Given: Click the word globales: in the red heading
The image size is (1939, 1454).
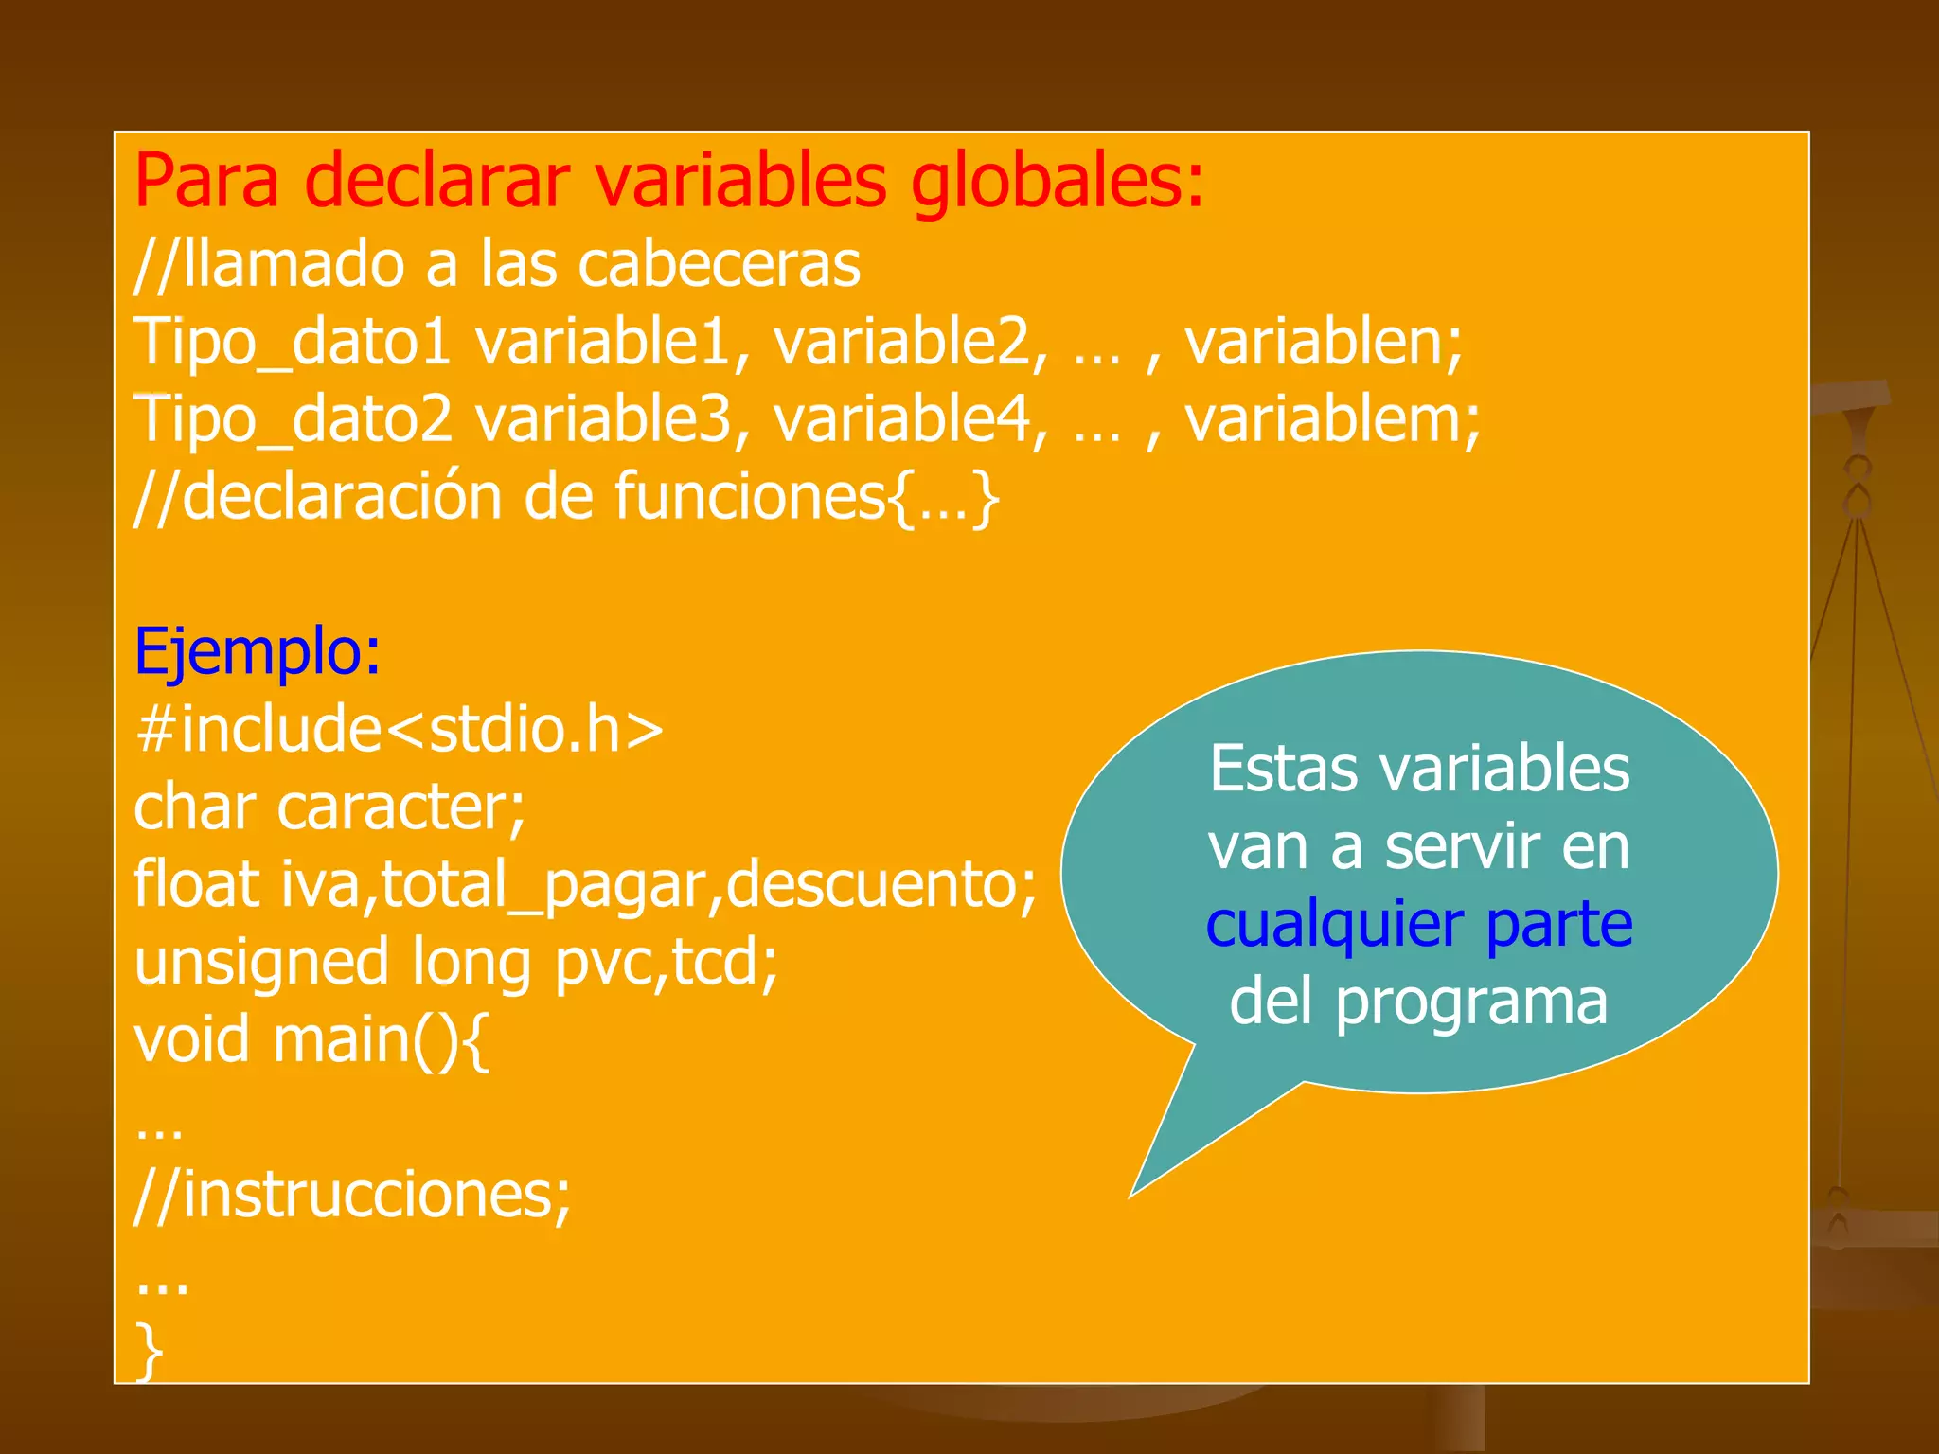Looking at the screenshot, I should coord(1057,182).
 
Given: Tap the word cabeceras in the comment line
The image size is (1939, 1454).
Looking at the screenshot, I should coord(720,264).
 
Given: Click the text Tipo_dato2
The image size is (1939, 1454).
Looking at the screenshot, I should coord(293,419).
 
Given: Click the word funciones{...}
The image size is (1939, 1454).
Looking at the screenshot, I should coord(807,497).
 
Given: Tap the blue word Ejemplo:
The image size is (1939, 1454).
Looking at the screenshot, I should coord(258,652).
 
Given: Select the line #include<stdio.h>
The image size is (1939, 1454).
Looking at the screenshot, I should coord(399,730).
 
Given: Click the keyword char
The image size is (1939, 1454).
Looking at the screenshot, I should coord(195,807).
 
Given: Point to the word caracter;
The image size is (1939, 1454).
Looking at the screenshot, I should coord(400,807).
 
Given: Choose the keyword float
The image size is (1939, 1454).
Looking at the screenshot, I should coord(197,885).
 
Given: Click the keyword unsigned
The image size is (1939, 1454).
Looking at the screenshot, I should coord(261,963).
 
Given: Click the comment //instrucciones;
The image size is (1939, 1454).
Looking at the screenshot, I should coord(353,1196).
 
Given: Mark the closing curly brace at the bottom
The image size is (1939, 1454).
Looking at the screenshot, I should coord(149,1351).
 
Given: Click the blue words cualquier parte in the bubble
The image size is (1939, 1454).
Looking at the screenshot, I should coord(1419,925).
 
